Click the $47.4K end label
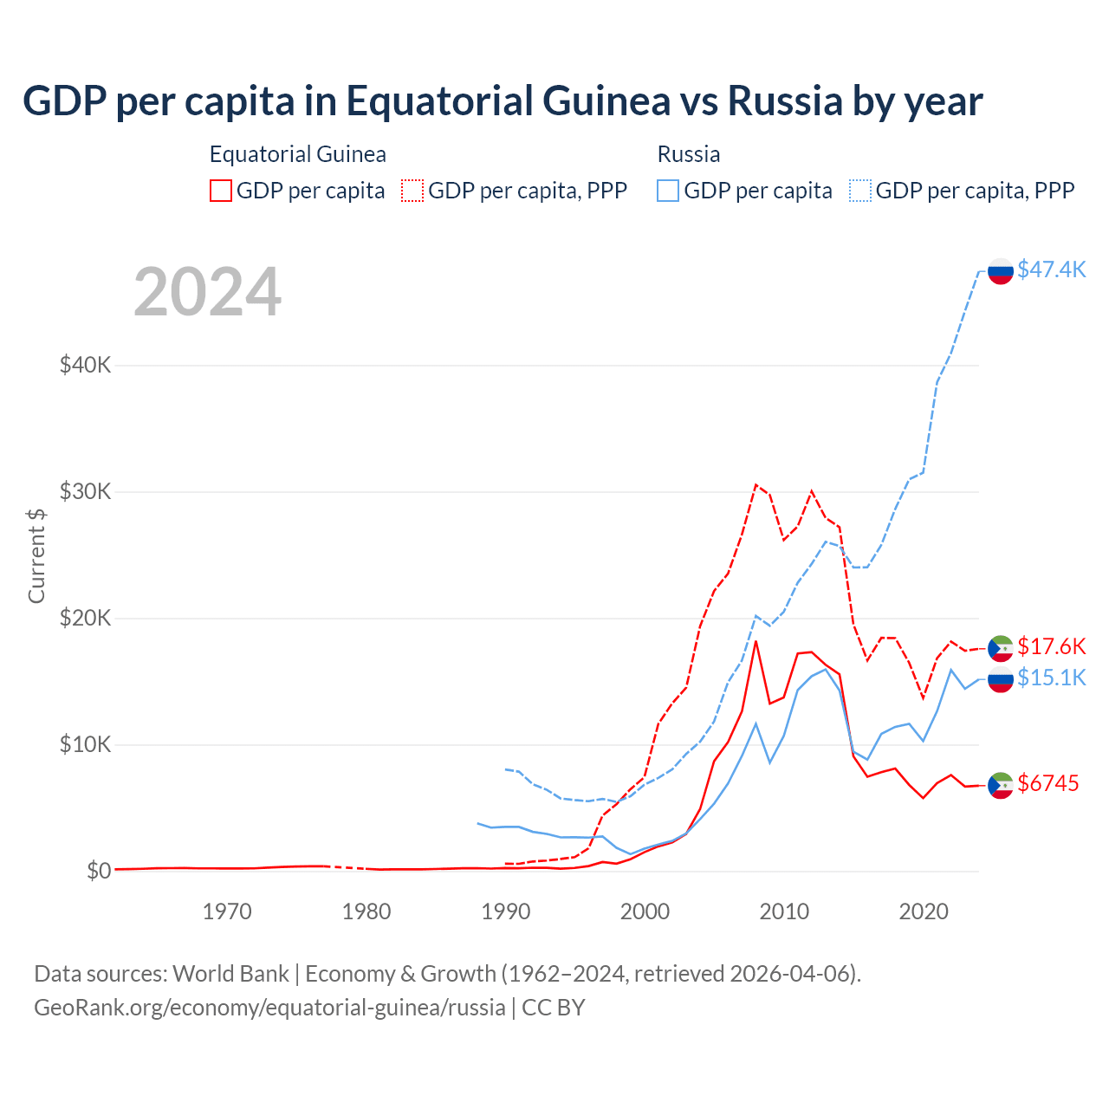(x=1051, y=269)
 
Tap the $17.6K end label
(x=1051, y=646)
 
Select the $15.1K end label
(x=1051, y=678)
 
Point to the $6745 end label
(x=1047, y=783)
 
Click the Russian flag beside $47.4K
(x=1001, y=271)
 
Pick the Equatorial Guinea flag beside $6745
(x=1001, y=785)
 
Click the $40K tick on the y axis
(x=85, y=365)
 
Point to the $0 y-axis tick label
(x=99, y=871)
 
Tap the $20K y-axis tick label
(x=85, y=618)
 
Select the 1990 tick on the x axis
(x=506, y=911)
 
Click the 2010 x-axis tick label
(x=784, y=911)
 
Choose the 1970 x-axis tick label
(x=227, y=911)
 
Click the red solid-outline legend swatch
(x=221, y=191)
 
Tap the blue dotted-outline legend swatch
(x=860, y=191)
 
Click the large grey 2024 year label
(x=207, y=292)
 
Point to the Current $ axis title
(x=36, y=555)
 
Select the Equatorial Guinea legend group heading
(x=298, y=154)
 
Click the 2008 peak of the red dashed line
(x=756, y=484)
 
